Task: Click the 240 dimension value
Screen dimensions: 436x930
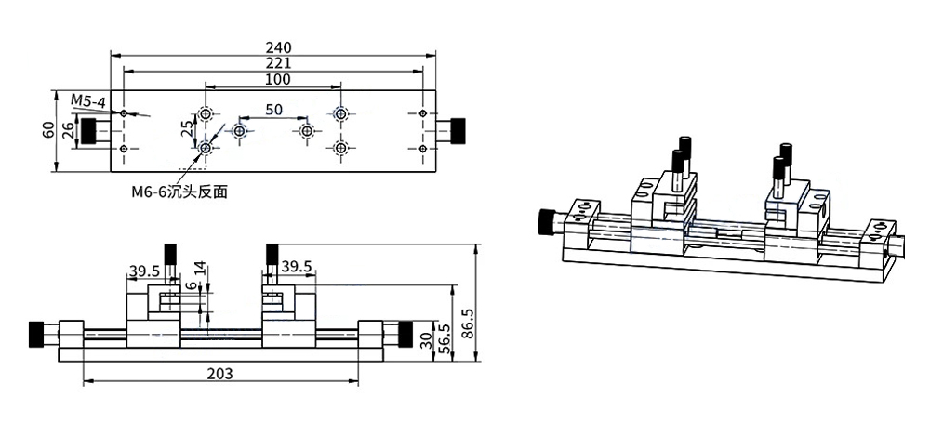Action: point(278,47)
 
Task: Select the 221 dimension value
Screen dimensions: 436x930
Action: point(278,63)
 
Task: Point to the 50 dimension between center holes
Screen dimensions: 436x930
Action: point(273,109)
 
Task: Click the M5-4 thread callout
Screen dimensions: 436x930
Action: point(88,99)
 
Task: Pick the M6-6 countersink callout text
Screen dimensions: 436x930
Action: point(179,192)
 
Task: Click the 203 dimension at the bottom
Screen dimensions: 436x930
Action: point(220,374)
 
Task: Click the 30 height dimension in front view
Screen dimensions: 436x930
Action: point(426,340)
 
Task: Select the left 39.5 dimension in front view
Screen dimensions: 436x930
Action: point(144,271)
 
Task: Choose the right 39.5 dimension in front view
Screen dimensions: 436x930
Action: point(296,267)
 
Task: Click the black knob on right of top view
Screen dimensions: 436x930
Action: point(458,131)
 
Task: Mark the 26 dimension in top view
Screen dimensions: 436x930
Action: point(67,131)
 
